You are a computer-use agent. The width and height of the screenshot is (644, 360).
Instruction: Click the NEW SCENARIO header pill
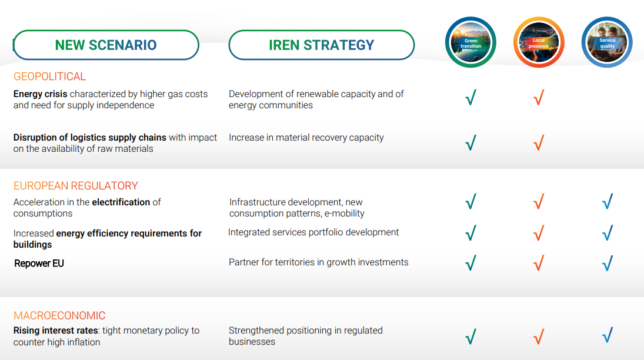[x=106, y=45]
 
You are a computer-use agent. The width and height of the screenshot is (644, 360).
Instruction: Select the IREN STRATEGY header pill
[x=322, y=45]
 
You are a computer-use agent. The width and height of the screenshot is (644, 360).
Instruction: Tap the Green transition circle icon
[x=471, y=42]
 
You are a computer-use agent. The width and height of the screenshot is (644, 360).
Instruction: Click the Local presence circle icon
[x=539, y=42]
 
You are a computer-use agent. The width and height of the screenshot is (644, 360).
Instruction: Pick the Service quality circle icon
[x=607, y=42]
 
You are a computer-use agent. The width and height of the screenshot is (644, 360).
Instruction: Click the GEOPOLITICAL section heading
[x=49, y=76]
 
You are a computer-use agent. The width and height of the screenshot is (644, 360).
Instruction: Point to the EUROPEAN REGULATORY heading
[x=75, y=186]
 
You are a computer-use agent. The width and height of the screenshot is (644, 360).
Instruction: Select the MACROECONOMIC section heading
[x=59, y=316]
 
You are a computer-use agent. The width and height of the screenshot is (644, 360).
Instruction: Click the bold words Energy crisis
[x=40, y=94]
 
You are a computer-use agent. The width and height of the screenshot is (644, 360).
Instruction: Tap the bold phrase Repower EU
[x=39, y=264]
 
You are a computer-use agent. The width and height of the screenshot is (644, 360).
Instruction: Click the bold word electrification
[x=121, y=202]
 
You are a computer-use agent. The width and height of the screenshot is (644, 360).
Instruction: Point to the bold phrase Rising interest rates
[x=55, y=331]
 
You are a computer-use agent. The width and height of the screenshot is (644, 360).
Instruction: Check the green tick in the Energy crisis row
[x=471, y=98]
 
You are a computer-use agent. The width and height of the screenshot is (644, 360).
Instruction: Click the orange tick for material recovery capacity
[x=539, y=142]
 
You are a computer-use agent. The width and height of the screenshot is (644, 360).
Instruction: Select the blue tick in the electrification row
[x=608, y=201]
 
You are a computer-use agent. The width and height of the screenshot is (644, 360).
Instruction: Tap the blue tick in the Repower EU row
[x=608, y=263]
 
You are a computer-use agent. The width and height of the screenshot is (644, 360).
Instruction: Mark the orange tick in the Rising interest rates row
[x=539, y=336]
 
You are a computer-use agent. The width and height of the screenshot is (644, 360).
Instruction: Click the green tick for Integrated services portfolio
[x=471, y=232]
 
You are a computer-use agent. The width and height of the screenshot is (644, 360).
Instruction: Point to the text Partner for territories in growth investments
[x=319, y=262]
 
